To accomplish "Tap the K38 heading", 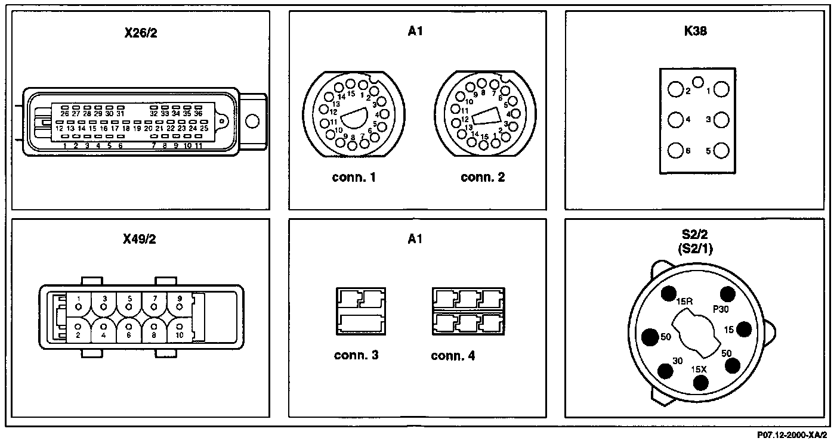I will (695, 32).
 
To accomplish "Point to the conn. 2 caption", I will (483, 177).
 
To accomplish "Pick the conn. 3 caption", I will (356, 356).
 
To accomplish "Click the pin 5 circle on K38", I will (721, 151).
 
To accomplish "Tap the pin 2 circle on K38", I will (675, 90).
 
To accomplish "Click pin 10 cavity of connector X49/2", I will (180, 327).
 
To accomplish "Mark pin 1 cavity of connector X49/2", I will (78, 306).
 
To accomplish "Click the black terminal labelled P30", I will (727, 293).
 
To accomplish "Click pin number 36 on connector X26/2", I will (199, 113).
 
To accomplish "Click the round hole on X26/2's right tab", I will (252, 121).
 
